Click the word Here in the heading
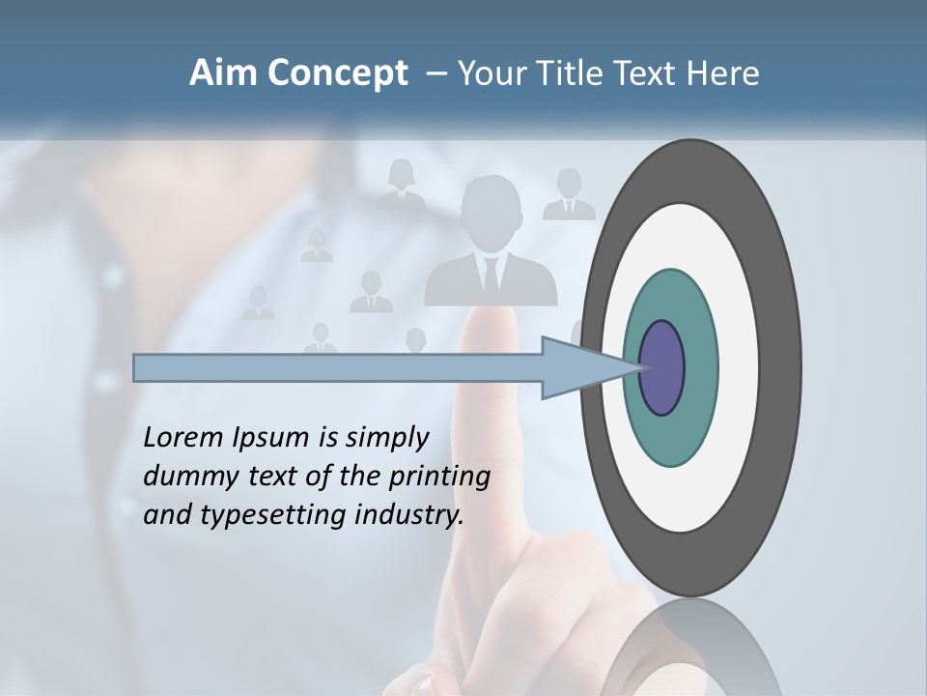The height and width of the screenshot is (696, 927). coord(722,73)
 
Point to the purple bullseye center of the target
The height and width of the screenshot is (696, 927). coord(662,367)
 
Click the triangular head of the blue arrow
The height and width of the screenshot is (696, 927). coord(579,368)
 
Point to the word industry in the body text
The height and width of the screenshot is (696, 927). coord(408,515)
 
